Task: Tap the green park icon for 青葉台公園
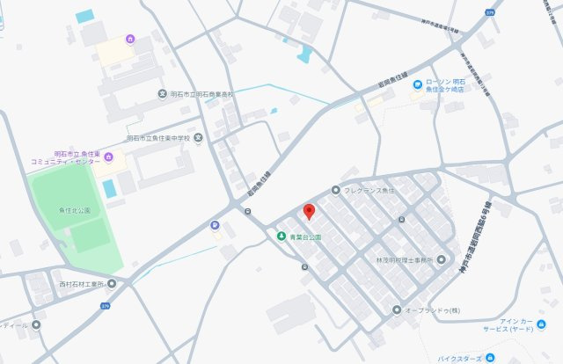click(x=281, y=237)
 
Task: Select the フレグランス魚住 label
click(x=369, y=190)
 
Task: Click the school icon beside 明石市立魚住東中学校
click(x=199, y=137)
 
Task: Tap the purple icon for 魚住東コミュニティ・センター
click(x=108, y=157)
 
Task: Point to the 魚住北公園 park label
click(x=74, y=211)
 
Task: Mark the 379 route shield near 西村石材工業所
click(x=106, y=307)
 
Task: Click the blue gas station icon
click(x=215, y=225)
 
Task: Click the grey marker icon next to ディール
click(x=36, y=324)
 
